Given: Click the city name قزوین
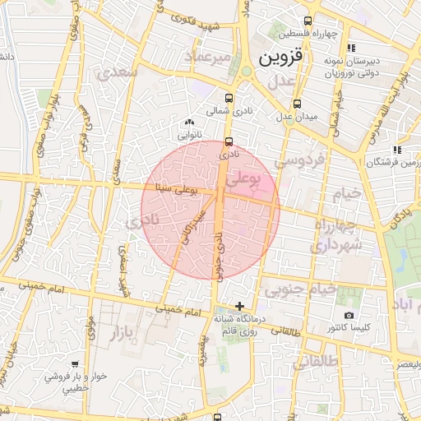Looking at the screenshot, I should [280, 58].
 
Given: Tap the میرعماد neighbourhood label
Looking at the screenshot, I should [211, 57].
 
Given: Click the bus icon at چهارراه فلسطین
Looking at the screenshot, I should [308, 21].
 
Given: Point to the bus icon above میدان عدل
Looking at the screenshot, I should [297, 104].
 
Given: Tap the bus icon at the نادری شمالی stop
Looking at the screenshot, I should [229, 141].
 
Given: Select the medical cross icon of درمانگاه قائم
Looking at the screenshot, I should [238, 306].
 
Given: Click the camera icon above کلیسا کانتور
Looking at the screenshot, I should [349, 316].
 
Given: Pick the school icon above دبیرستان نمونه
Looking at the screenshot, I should [351, 47].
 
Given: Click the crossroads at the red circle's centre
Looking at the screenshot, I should [223, 193].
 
